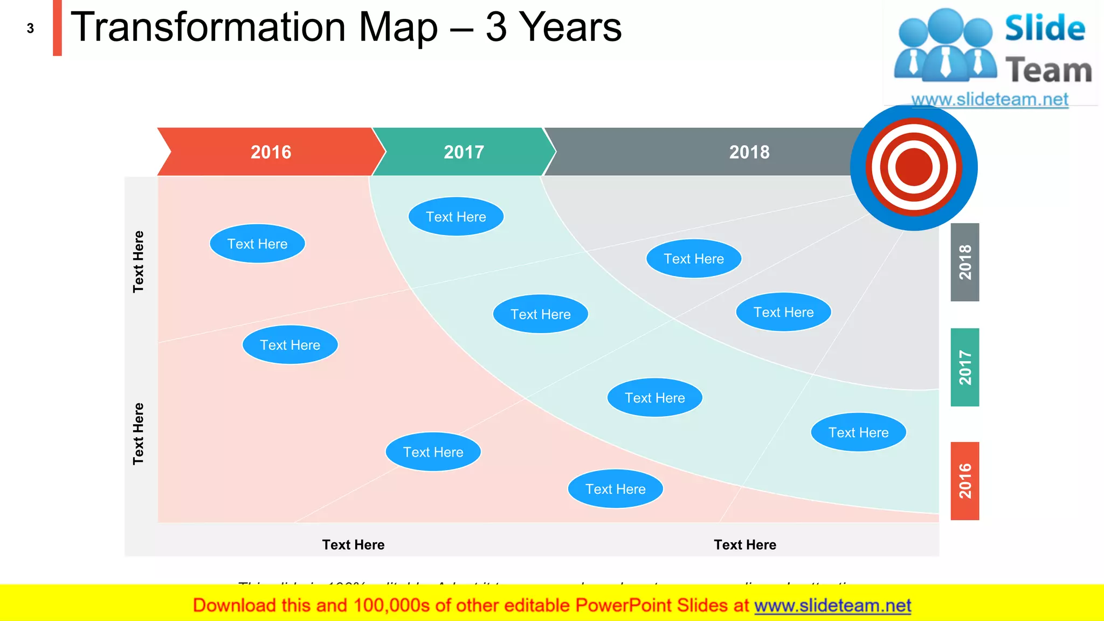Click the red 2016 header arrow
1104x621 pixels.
(271, 152)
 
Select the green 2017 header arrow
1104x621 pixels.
(464, 152)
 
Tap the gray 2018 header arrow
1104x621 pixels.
(749, 152)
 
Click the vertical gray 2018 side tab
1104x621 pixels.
(965, 262)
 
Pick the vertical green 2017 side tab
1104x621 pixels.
(965, 367)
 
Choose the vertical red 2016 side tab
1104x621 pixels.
(965, 481)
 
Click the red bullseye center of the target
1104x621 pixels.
(914, 167)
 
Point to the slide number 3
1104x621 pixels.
(30, 29)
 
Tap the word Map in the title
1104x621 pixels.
(398, 28)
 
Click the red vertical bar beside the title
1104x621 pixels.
(57, 27)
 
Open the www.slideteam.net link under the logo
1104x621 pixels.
(990, 99)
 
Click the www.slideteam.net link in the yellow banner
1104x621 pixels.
(832, 605)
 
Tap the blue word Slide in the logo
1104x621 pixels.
(1045, 29)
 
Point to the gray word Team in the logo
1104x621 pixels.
(1048, 71)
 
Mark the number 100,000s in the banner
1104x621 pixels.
(391, 605)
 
